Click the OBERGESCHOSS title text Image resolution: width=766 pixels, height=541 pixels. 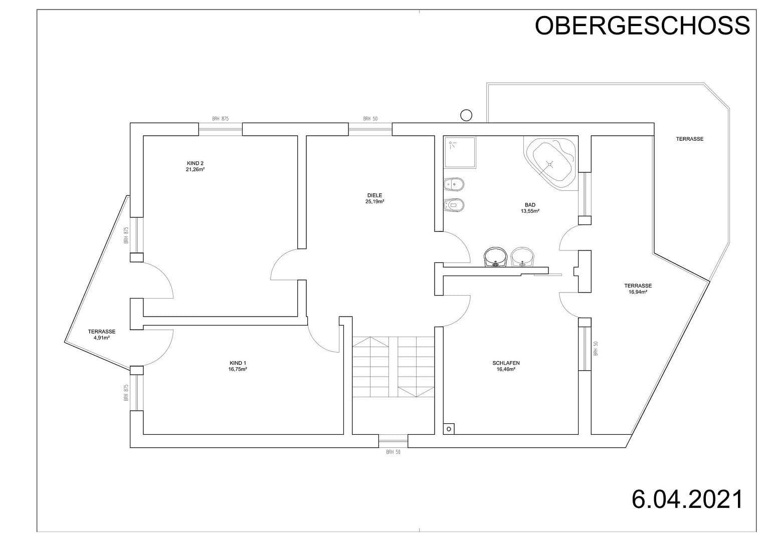tap(642, 26)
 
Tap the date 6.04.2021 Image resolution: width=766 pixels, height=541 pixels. tap(687, 499)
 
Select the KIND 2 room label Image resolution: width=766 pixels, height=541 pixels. tap(195, 163)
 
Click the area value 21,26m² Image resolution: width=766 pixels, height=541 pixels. tap(195, 170)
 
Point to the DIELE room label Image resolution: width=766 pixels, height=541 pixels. tap(374, 195)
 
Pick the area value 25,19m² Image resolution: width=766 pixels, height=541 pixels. tap(374, 202)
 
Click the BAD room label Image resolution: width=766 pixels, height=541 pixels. tap(530, 205)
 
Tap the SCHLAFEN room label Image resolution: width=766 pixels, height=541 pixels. tap(506, 363)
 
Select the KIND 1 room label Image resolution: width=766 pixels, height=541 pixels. tap(238, 363)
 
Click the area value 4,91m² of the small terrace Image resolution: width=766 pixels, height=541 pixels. tap(102, 338)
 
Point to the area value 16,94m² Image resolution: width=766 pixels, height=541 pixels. tap(638, 292)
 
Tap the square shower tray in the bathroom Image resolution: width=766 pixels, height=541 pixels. tap(460, 152)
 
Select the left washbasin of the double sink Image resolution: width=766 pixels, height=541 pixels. tap(496, 257)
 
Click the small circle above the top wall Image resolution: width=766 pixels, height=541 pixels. tap(466, 115)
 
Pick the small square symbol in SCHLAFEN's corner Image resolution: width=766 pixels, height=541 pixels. tap(449, 429)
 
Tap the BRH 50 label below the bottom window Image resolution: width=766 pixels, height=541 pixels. tap(394, 452)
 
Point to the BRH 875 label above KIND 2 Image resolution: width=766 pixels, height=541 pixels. tap(220, 119)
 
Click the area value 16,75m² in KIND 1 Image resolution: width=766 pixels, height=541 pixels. tap(238, 370)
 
